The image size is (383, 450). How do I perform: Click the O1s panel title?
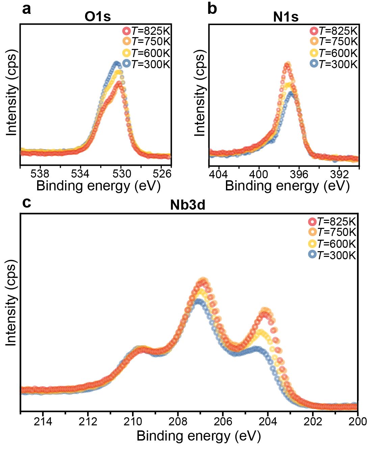coord(98,17)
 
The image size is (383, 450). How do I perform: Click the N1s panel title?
coord(286,17)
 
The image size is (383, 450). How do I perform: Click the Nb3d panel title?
coord(188,205)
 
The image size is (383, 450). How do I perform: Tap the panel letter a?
coord(26,9)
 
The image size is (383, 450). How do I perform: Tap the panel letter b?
coord(212,9)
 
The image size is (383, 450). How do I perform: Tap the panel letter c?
coord(26,203)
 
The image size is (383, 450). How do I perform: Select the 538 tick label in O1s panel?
coord(40,174)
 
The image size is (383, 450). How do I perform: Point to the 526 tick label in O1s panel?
coord(161,174)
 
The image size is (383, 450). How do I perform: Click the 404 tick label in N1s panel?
coord(219,174)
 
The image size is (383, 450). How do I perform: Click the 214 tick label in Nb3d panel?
coord(43,421)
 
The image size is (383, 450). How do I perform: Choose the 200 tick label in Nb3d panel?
coord(358,421)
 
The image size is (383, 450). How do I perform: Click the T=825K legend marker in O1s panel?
coord(126,31)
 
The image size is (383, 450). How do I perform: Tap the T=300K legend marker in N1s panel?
coord(314,63)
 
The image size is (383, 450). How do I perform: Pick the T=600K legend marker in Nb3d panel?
coord(312,243)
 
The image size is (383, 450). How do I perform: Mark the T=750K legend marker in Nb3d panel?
coord(312,232)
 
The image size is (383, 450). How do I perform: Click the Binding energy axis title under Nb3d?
coord(199,436)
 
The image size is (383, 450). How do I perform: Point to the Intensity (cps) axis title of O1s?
coord(11,93)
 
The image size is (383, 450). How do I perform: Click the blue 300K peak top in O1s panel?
coord(117,63)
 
